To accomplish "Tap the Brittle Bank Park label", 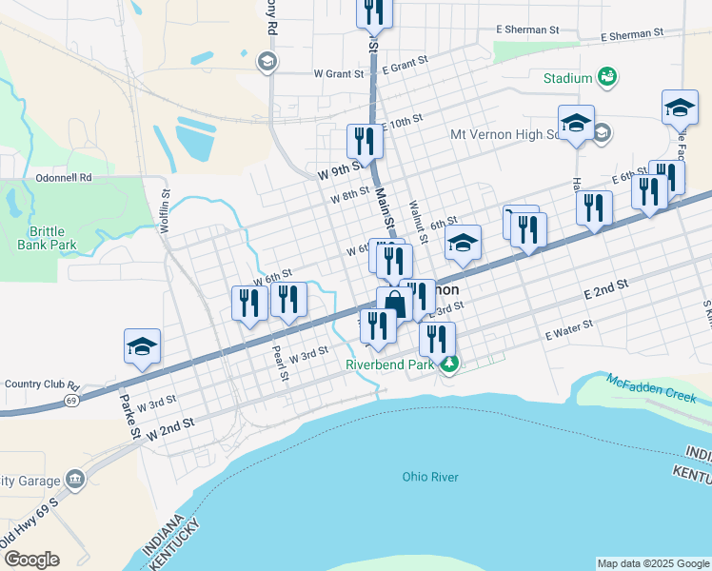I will click(46, 238).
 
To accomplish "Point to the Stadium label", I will click(568, 77).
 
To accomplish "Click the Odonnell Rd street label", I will click(64, 177).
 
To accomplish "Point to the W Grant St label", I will click(339, 73).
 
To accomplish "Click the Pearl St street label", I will click(279, 363).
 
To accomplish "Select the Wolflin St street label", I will click(164, 208).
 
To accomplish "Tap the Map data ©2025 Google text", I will click(652, 563).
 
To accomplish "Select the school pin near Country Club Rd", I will click(142, 346).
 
